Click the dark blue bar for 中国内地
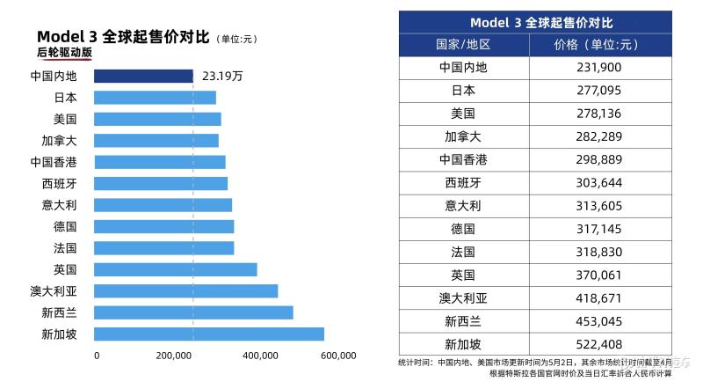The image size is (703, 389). (143, 77)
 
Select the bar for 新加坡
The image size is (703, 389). (208, 334)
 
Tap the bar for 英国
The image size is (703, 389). (175, 269)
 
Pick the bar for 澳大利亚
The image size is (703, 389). (185, 291)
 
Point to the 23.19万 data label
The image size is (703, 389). (222, 77)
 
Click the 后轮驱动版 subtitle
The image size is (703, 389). (64, 53)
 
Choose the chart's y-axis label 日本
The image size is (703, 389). (65, 98)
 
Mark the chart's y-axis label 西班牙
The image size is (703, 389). (59, 184)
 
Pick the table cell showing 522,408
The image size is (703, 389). (601, 344)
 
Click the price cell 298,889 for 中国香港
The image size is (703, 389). (601, 159)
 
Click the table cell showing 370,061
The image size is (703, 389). (601, 275)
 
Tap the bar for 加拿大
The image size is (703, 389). (156, 141)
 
